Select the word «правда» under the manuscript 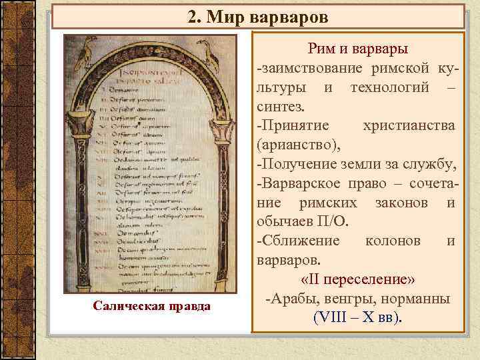point(186,306)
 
